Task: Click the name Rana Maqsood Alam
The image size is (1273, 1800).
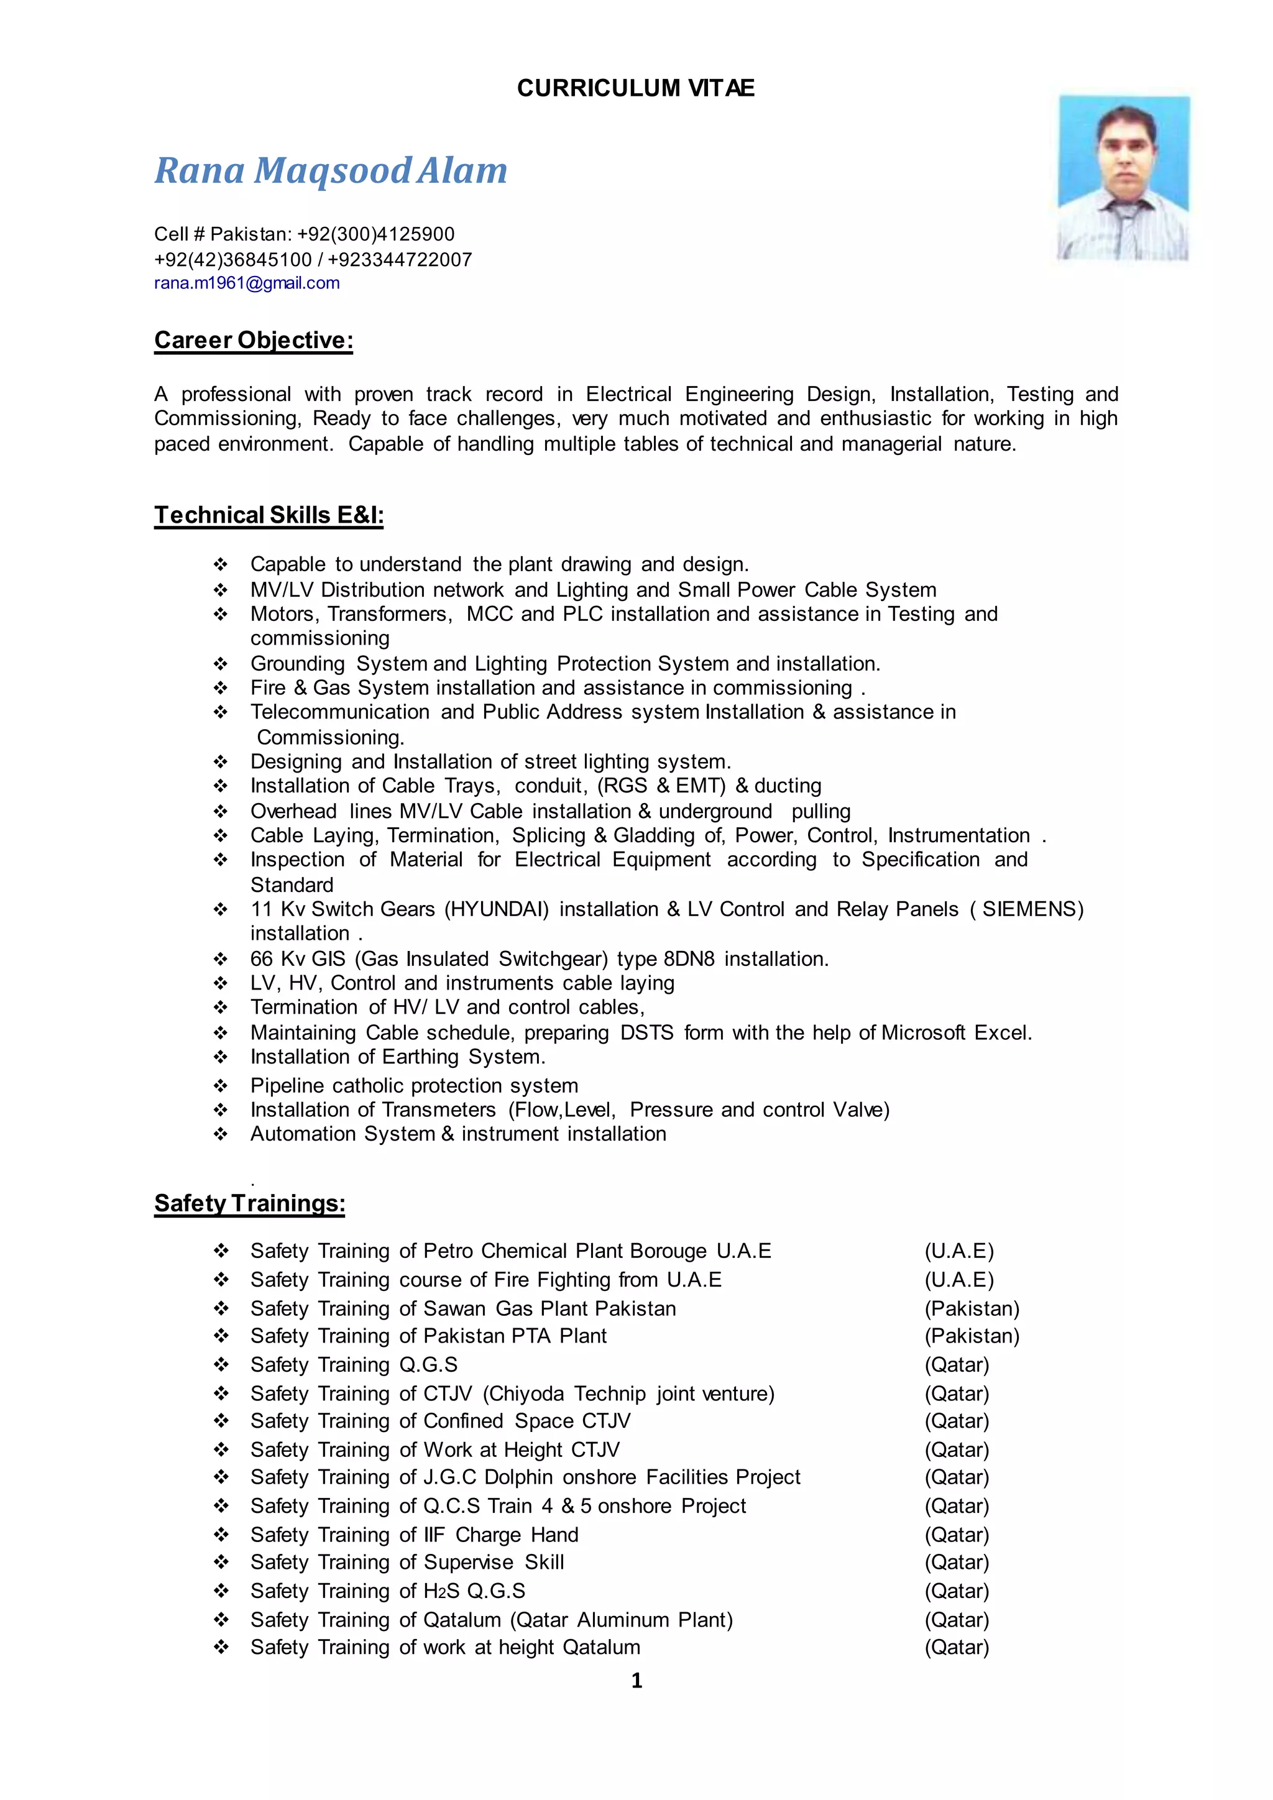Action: [331, 171]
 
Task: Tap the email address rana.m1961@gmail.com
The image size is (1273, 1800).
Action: [247, 283]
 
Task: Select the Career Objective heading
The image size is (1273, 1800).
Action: [253, 340]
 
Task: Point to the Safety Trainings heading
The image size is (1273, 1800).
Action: [249, 1203]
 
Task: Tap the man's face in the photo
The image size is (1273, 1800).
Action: [1126, 149]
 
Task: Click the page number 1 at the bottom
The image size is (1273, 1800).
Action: [636, 1680]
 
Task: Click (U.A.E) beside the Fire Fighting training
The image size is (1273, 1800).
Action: [958, 1279]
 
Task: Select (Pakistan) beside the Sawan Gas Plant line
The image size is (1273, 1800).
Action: [972, 1308]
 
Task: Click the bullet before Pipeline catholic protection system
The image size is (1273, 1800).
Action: [221, 1086]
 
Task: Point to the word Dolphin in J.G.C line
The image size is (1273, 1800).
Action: [518, 1477]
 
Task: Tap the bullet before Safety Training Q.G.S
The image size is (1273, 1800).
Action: [221, 1365]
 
